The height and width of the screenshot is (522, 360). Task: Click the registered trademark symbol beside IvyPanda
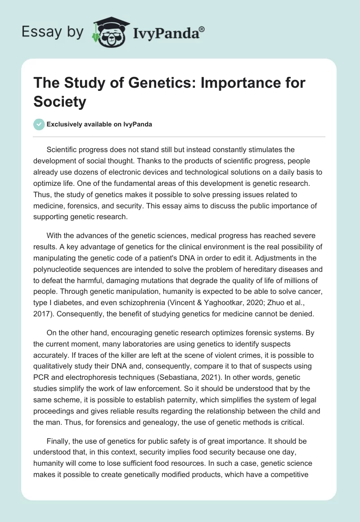tap(202, 28)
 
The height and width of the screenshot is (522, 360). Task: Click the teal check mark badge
tap(39, 124)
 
